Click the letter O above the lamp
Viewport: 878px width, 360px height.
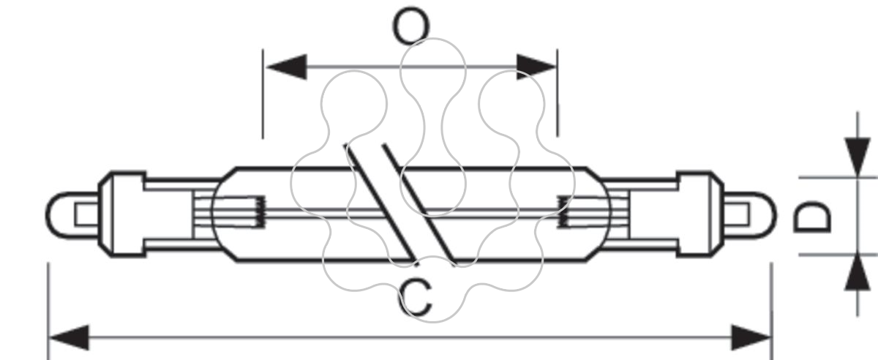(x=410, y=26)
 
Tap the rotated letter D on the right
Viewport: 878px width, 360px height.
(x=812, y=217)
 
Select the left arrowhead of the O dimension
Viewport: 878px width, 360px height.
(x=287, y=67)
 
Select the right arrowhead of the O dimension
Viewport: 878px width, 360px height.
(x=536, y=67)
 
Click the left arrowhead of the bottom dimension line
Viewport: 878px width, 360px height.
(x=69, y=337)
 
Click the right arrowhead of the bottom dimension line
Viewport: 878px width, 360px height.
(x=751, y=337)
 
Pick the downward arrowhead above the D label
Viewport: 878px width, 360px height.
(x=858, y=157)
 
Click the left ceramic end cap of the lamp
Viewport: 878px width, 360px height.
(x=121, y=214)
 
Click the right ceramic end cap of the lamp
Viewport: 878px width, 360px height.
(x=700, y=214)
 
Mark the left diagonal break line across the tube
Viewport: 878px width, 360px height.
(x=381, y=204)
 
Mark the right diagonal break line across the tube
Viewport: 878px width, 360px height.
(x=419, y=205)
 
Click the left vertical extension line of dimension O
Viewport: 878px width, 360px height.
(x=263, y=94)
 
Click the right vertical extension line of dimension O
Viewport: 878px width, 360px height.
(x=558, y=94)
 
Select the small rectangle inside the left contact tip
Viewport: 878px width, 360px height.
(x=86, y=215)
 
